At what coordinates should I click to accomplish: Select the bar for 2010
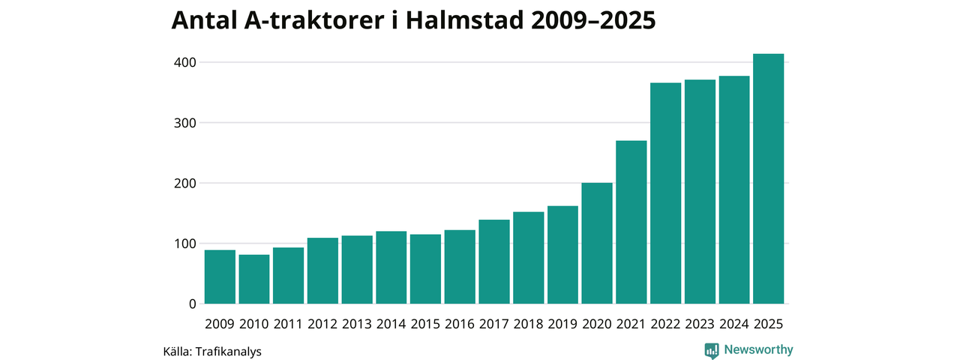pos(254,279)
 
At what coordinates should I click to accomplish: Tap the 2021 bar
pos(631,222)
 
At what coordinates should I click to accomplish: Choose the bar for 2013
pos(357,269)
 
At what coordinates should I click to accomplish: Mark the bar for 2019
pos(562,254)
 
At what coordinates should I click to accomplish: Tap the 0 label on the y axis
pos(192,304)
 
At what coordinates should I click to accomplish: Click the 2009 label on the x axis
pos(220,324)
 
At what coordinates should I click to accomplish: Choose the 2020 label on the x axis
pos(597,324)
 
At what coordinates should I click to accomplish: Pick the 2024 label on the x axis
pos(734,324)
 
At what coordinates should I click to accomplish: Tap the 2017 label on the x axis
pos(494,324)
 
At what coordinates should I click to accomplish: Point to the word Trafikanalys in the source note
pos(228,351)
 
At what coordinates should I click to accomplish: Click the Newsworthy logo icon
pos(712,350)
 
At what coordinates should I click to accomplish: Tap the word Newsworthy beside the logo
pos(758,349)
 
